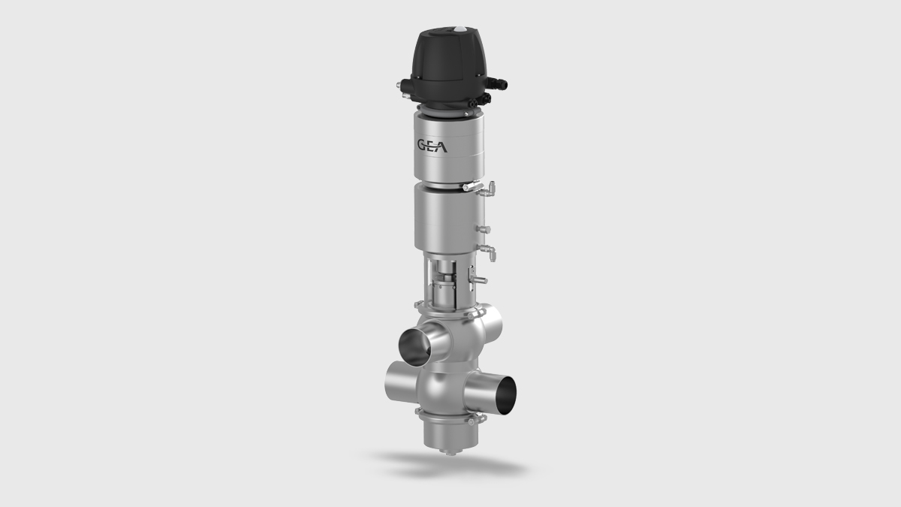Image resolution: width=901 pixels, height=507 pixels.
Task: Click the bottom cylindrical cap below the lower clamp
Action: coord(447,434)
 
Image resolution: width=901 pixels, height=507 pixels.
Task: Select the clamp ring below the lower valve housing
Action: coord(447,417)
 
